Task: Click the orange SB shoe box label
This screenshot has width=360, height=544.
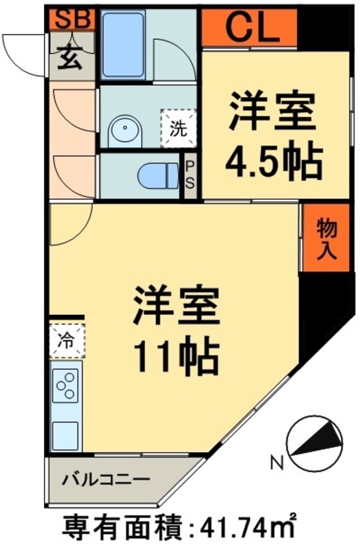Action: (x=71, y=20)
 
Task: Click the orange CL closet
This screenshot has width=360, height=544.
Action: (x=250, y=28)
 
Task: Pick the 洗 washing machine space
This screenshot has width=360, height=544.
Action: (x=178, y=127)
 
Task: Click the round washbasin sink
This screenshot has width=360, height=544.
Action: (x=124, y=129)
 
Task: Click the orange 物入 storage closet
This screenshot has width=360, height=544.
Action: (x=325, y=239)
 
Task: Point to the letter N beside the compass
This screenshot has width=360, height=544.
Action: (x=277, y=462)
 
